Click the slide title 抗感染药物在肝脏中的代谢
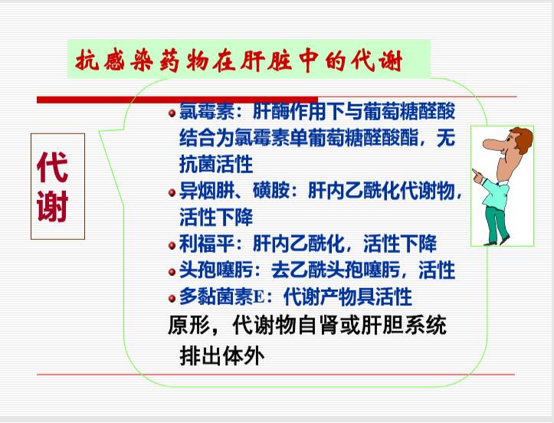[x=239, y=61]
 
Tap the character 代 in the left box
[x=52, y=168]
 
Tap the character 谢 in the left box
[x=52, y=206]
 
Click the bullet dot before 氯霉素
[x=172, y=113]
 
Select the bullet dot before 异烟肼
[x=172, y=192]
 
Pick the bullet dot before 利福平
[x=172, y=246]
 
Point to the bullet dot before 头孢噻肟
[x=172, y=272]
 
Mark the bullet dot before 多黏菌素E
[x=172, y=299]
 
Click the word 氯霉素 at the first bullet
[x=207, y=111]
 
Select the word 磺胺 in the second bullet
[x=271, y=191]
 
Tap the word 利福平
[x=207, y=244]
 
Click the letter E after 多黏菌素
[x=259, y=297]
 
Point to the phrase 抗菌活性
[x=216, y=164]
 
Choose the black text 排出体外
[x=222, y=355]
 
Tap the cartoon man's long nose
[x=493, y=144]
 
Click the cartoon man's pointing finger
[x=476, y=173]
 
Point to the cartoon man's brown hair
[x=523, y=139]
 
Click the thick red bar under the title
[x=177, y=100]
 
